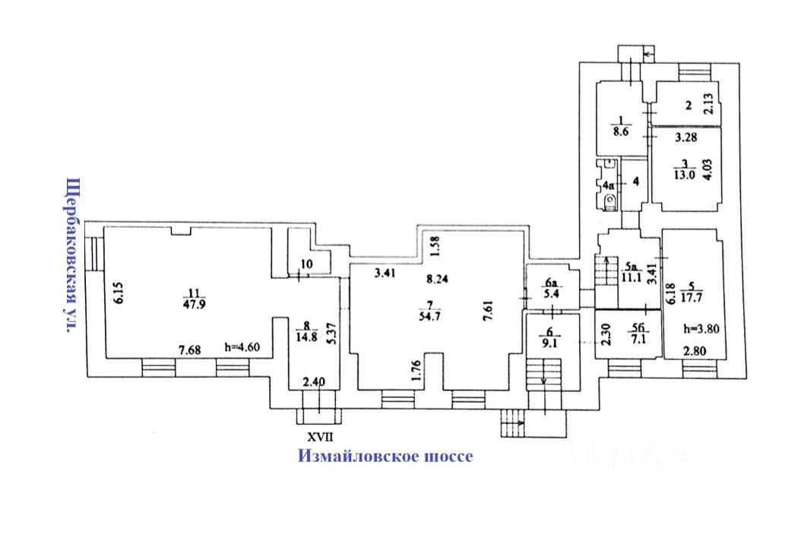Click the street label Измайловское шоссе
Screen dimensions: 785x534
click(385, 456)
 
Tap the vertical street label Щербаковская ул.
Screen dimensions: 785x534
click(72, 255)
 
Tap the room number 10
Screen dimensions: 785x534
click(306, 264)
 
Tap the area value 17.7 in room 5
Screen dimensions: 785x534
click(692, 294)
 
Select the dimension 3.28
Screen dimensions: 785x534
click(688, 137)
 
